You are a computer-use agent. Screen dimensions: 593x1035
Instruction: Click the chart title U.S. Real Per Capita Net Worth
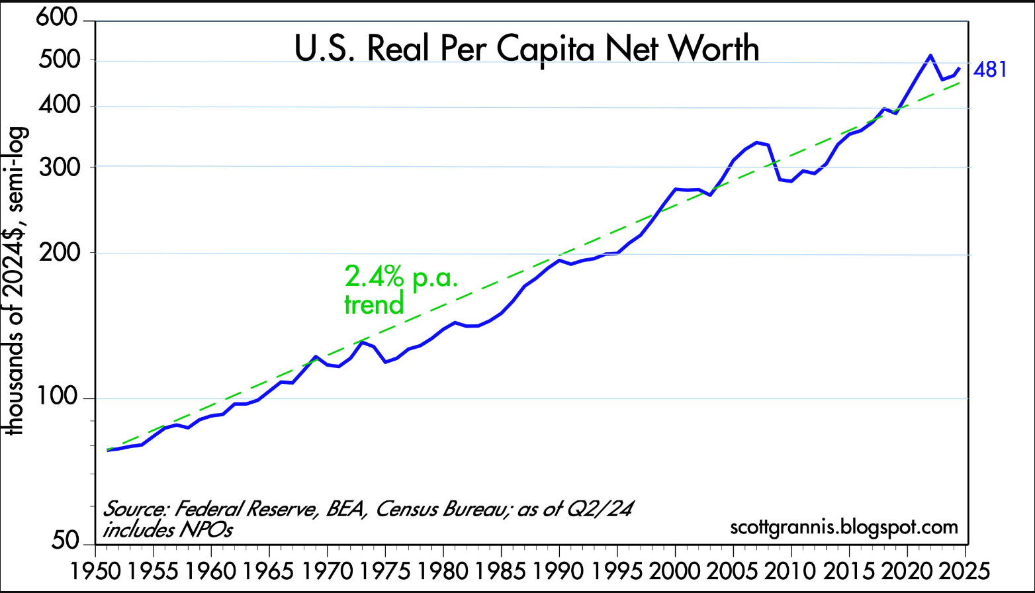tap(527, 49)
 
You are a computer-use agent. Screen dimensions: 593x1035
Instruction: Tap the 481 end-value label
tap(990, 69)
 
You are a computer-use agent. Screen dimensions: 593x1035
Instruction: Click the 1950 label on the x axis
tap(97, 570)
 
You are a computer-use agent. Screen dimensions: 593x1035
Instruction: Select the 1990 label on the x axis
tap(559, 570)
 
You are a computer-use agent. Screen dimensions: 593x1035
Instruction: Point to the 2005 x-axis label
tap(733, 570)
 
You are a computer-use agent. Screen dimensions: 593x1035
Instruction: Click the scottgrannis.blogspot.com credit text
tap(844, 527)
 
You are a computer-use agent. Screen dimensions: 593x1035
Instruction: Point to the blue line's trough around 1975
tap(384, 362)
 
